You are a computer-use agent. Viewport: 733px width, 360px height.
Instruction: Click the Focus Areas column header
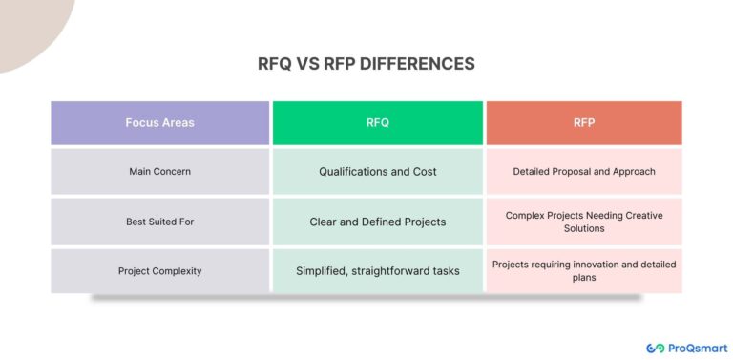[159, 122]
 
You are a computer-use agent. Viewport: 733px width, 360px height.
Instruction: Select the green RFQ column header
[377, 122]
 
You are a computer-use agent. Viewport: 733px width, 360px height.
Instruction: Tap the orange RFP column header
[584, 122]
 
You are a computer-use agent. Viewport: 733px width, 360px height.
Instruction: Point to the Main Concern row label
[159, 172]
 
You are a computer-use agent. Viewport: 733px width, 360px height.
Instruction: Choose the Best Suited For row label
[159, 222]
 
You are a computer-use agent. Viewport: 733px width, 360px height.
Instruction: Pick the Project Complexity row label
[159, 271]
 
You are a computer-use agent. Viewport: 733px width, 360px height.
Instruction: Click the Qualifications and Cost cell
[377, 172]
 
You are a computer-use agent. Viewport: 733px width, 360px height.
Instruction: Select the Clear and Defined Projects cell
[377, 222]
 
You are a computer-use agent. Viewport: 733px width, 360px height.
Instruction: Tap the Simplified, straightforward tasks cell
[377, 271]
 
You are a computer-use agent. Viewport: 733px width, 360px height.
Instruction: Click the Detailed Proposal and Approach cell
[584, 172]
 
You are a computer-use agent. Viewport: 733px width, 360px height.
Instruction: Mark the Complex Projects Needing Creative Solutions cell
[584, 222]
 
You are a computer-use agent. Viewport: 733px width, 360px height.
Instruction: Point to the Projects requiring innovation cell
[584, 270]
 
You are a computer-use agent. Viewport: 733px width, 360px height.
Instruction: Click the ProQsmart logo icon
[656, 348]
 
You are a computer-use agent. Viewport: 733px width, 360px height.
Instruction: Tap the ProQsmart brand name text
[698, 348]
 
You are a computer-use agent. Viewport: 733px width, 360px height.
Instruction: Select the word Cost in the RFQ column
[422, 172]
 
